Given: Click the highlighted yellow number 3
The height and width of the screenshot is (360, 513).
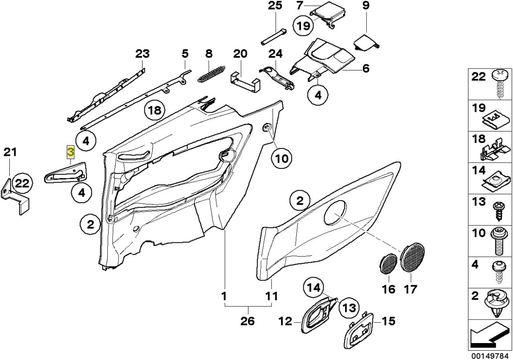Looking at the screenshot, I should (x=70, y=152).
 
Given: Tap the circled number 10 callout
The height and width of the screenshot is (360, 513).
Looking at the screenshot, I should (x=281, y=158).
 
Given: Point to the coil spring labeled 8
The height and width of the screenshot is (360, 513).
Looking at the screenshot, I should (x=211, y=73).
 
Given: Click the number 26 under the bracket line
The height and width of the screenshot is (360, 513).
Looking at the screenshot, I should (x=248, y=321).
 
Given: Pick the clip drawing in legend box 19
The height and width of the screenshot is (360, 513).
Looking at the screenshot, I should (x=495, y=120).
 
